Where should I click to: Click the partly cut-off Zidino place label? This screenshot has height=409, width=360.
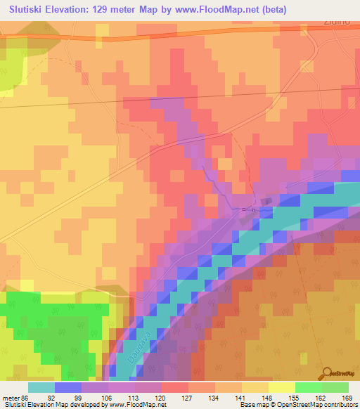pos(341,23)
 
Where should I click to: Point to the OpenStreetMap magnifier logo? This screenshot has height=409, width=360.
pos(326,372)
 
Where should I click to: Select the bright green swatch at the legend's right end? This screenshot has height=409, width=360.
pos(335,387)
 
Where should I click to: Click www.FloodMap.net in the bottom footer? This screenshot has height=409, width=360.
pos(138,405)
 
